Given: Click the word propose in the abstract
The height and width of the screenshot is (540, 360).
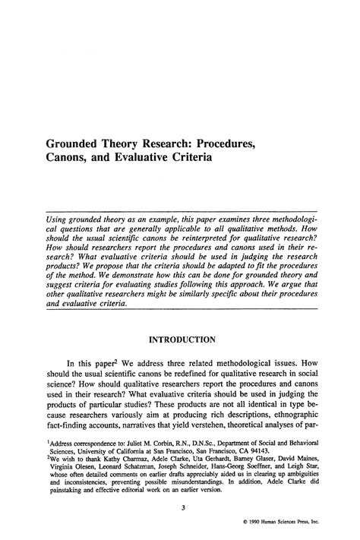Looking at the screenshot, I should click(x=126, y=268).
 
